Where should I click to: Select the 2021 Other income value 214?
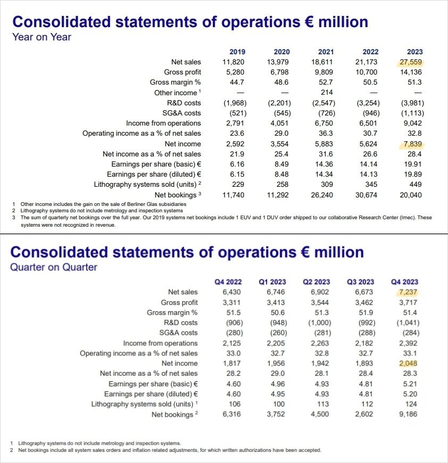[x=326, y=93]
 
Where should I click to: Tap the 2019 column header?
[x=237, y=52]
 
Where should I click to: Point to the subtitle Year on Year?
[x=42, y=37]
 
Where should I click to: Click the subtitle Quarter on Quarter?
[x=54, y=267]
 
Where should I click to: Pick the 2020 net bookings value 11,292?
[x=281, y=195]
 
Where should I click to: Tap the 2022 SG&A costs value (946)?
[x=370, y=113]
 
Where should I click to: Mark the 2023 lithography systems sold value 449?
[x=415, y=185]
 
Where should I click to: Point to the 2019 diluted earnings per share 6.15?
[x=237, y=175]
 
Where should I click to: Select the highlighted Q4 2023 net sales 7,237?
[x=408, y=292]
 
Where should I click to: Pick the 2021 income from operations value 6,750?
[x=326, y=123]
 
